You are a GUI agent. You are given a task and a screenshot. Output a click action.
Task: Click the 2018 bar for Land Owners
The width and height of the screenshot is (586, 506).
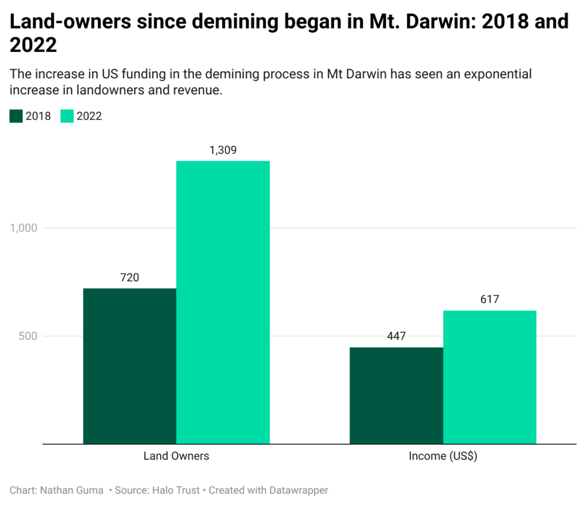pos(129,366)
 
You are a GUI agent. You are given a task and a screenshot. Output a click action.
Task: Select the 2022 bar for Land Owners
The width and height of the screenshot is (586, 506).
pos(223,302)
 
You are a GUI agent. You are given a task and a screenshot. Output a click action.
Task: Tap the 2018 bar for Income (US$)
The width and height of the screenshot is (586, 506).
pos(396,395)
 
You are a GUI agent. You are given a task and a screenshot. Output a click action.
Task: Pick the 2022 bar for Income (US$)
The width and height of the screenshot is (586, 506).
pos(489,377)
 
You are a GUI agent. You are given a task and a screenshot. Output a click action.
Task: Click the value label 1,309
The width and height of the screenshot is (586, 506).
pos(223,150)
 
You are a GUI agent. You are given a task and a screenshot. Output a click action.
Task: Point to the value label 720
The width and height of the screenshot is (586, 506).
pos(129,278)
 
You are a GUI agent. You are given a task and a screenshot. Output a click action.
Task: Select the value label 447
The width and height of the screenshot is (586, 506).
pos(396,336)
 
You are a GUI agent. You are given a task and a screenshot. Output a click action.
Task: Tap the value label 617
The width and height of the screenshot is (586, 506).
pos(489,300)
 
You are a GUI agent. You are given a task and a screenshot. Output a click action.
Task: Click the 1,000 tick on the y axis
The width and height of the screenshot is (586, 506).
pos(23,228)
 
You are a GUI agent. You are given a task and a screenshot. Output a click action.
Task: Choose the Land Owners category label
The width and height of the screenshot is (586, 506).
pos(176,456)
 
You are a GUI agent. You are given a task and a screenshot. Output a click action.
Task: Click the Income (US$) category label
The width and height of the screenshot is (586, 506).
pos(443,456)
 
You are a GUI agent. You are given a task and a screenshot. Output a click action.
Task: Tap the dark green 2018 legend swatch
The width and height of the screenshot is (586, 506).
pos(16,116)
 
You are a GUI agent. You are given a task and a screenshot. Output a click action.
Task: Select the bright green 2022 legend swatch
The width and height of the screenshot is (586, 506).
pos(67,116)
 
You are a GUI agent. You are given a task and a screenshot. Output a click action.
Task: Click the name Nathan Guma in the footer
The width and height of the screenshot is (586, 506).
pos(73,491)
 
